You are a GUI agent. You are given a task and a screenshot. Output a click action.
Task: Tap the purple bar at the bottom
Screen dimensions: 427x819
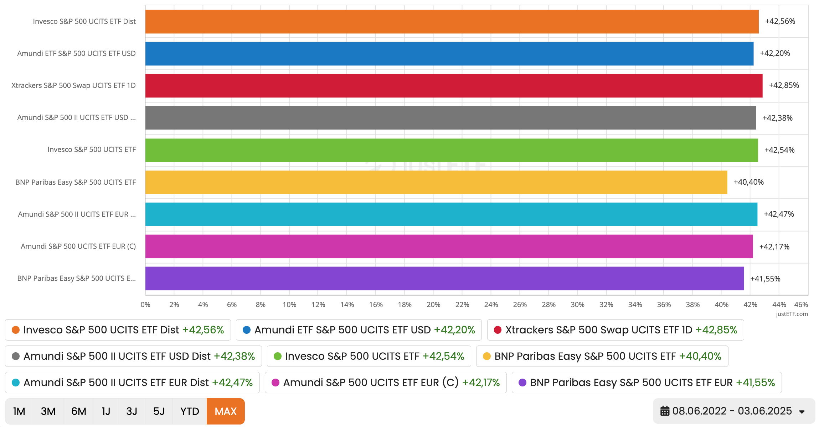coord(444,279)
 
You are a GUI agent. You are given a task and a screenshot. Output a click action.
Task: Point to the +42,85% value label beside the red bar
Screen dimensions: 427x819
coord(784,85)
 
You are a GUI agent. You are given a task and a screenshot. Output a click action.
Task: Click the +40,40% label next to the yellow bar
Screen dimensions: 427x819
coord(748,182)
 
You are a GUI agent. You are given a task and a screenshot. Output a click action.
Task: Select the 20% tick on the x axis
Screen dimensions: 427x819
coord(433,305)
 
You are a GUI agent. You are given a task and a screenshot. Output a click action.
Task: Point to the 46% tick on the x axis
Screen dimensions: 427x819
coord(801,305)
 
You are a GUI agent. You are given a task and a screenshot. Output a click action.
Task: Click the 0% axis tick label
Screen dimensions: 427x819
coord(145,305)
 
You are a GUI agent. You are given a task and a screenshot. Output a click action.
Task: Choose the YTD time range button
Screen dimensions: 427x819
coord(190,411)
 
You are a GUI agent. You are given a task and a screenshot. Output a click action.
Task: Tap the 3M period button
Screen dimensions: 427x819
coord(48,411)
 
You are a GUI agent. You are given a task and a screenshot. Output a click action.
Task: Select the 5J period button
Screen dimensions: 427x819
coord(159,411)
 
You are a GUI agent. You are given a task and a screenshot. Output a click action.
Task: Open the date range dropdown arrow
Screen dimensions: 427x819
coord(802,412)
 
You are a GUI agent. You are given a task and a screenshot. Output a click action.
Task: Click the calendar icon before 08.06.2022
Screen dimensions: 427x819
coord(665,411)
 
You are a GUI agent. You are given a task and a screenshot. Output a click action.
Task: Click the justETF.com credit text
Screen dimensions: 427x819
coord(792,314)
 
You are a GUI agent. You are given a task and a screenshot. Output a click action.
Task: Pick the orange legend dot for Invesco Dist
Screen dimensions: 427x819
coord(16,330)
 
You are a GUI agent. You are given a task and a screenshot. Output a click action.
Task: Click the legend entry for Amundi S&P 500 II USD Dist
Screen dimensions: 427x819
coord(133,356)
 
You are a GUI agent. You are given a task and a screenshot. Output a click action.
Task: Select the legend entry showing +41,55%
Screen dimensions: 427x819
coord(647,383)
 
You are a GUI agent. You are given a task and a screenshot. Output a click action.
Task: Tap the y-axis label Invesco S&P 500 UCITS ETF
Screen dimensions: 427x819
coord(92,149)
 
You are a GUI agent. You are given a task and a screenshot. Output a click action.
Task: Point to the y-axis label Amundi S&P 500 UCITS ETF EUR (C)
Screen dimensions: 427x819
coord(78,246)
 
